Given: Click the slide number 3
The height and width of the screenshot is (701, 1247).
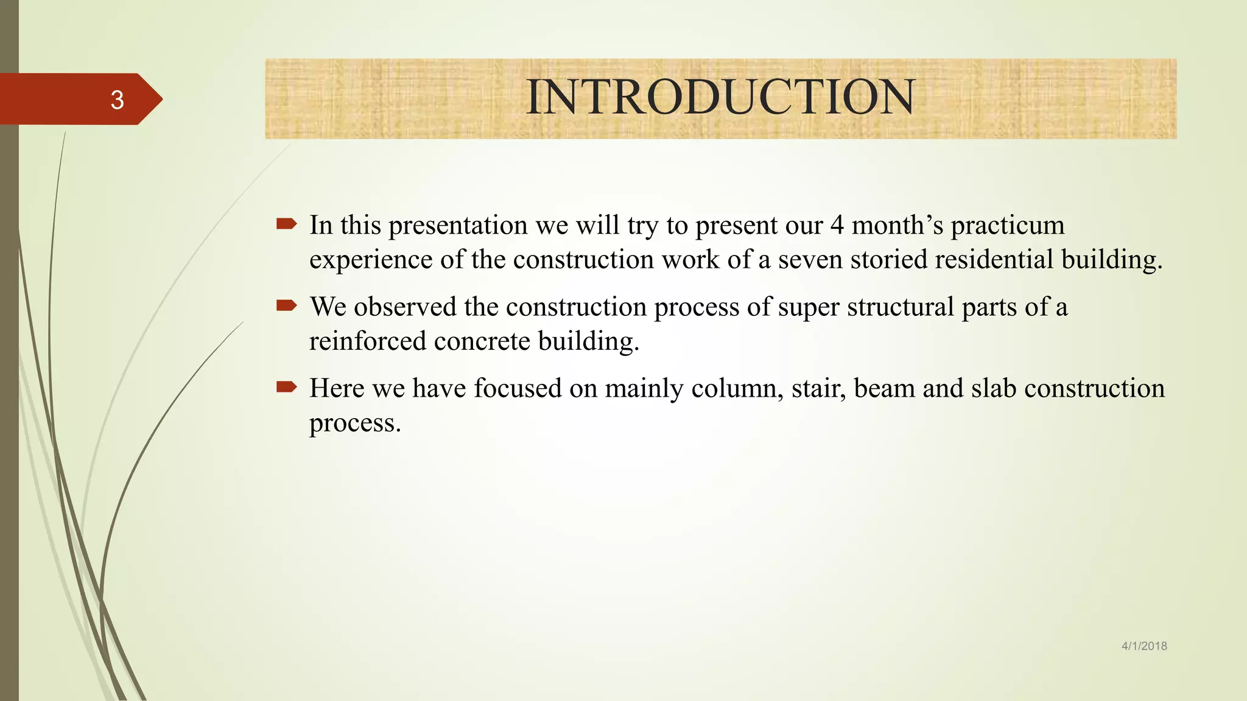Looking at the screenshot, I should (x=117, y=100).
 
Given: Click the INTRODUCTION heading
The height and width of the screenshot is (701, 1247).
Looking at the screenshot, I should (x=720, y=97).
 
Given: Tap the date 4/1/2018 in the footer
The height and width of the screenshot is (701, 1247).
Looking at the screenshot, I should (x=1144, y=646).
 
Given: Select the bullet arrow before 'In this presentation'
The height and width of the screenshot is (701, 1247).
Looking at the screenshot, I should (x=286, y=224).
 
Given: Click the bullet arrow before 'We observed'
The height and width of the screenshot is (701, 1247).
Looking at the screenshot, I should (x=286, y=305).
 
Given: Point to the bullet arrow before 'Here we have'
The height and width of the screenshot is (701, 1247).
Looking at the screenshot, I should (x=286, y=387).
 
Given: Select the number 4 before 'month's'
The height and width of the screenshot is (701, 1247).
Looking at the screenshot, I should (x=837, y=225).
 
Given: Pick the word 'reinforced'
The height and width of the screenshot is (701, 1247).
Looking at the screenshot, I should (x=367, y=341).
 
